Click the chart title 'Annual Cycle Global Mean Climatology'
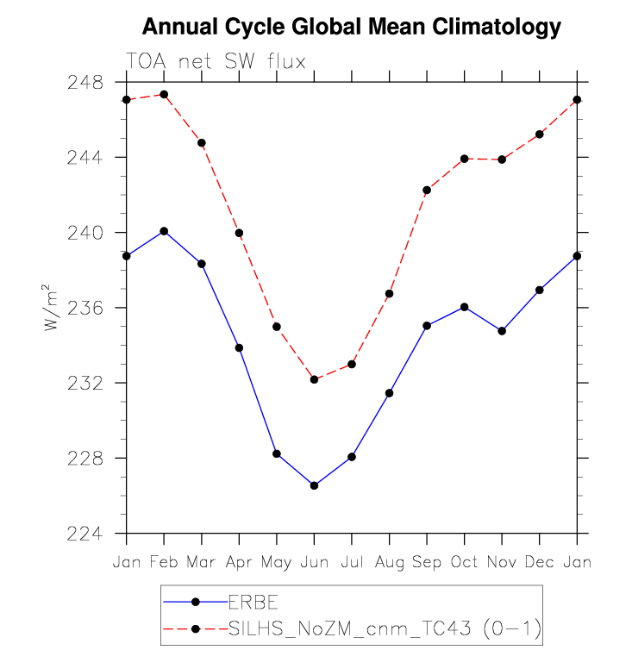tap(351, 27)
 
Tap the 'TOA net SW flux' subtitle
tap(216, 61)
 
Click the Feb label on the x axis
tap(164, 561)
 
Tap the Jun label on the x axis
tap(314, 561)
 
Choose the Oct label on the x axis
tap(464, 561)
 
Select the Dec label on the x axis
tap(539, 561)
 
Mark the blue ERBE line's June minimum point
tap(314, 485)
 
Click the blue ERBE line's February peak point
tap(164, 231)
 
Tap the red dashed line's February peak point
tap(164, 94)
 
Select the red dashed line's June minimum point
tap(314, 379)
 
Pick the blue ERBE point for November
tap(502, 331)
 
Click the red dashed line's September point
tap(427, 190)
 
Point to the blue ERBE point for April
tap(239, 347)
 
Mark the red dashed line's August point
tap(389, 294)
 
